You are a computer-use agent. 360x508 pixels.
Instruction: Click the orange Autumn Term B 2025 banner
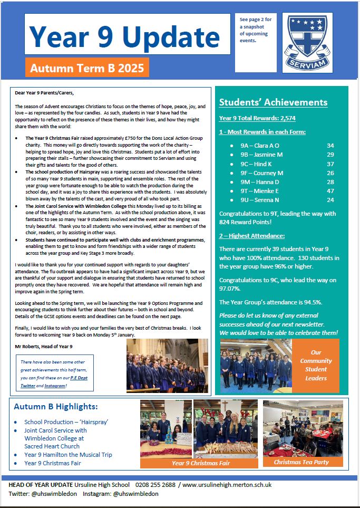tap(87, 68)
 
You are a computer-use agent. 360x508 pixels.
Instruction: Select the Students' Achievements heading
tap(273, 102)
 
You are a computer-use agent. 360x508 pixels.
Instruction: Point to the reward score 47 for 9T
tap(330, 190)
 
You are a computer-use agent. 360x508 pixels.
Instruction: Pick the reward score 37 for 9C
tap(330, 164)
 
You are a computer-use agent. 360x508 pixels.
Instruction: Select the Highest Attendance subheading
tap(252, 236)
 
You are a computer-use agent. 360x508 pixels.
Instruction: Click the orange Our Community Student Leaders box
tap(316, 365)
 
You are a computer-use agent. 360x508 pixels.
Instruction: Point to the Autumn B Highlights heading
tap(55, 407)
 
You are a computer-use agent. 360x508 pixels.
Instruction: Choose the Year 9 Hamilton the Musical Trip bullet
tap(68, 455)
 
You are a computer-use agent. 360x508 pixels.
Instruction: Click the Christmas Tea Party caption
tap(301, 462)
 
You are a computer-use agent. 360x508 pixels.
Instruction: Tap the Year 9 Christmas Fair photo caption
tap(199, 463)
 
